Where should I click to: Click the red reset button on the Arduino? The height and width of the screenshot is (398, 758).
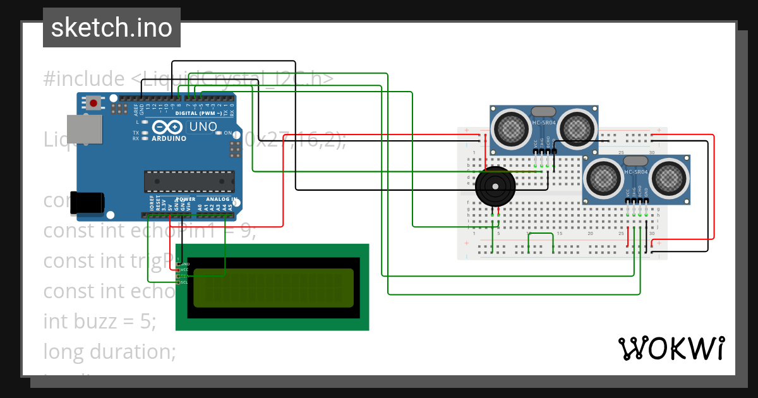click(94, 102)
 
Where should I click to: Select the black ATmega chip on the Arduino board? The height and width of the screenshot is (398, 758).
click(189, 181)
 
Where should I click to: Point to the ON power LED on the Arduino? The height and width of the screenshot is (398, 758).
click(219, 133)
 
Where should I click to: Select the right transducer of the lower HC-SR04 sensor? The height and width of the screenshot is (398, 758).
click(669, 179)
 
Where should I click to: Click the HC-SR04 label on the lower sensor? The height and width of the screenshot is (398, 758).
click(635, 172)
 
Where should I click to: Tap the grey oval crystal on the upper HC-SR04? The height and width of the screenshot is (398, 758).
click(544, 112)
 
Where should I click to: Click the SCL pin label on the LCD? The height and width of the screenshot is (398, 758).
click(184, 282)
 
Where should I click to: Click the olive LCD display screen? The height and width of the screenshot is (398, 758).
click(274, 288)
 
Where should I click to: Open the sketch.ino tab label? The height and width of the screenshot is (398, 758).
click(112, 28)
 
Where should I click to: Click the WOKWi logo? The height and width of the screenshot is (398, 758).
click(671, 348)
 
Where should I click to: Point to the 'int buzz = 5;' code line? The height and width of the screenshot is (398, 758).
click(99, 321)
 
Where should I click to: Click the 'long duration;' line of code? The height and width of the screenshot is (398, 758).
click(109, 351)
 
